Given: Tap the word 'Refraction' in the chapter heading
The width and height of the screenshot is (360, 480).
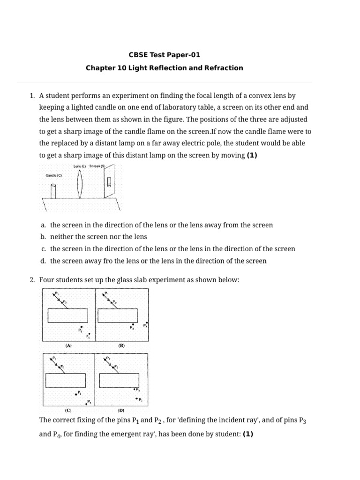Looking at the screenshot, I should click(225, 68).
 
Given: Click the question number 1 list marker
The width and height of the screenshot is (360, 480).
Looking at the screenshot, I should click(32, 96).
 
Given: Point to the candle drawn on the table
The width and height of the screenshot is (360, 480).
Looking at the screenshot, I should click(53, 191).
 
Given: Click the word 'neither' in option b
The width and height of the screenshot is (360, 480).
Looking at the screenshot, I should click(62, 237).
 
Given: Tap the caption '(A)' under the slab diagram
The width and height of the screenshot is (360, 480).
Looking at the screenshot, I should click(68, 345).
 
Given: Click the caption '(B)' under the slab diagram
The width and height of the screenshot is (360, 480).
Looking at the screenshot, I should click(121, 345).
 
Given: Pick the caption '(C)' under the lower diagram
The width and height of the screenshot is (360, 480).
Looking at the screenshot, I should click(68, 410).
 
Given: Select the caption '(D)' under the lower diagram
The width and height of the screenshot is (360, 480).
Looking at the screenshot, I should click(121, 410).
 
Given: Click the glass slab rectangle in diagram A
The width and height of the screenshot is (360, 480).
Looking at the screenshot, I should click(67, 316).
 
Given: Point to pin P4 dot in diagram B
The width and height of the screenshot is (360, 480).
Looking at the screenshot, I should click(147, 323).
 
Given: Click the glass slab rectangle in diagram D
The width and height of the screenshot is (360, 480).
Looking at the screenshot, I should click(120, 380).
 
